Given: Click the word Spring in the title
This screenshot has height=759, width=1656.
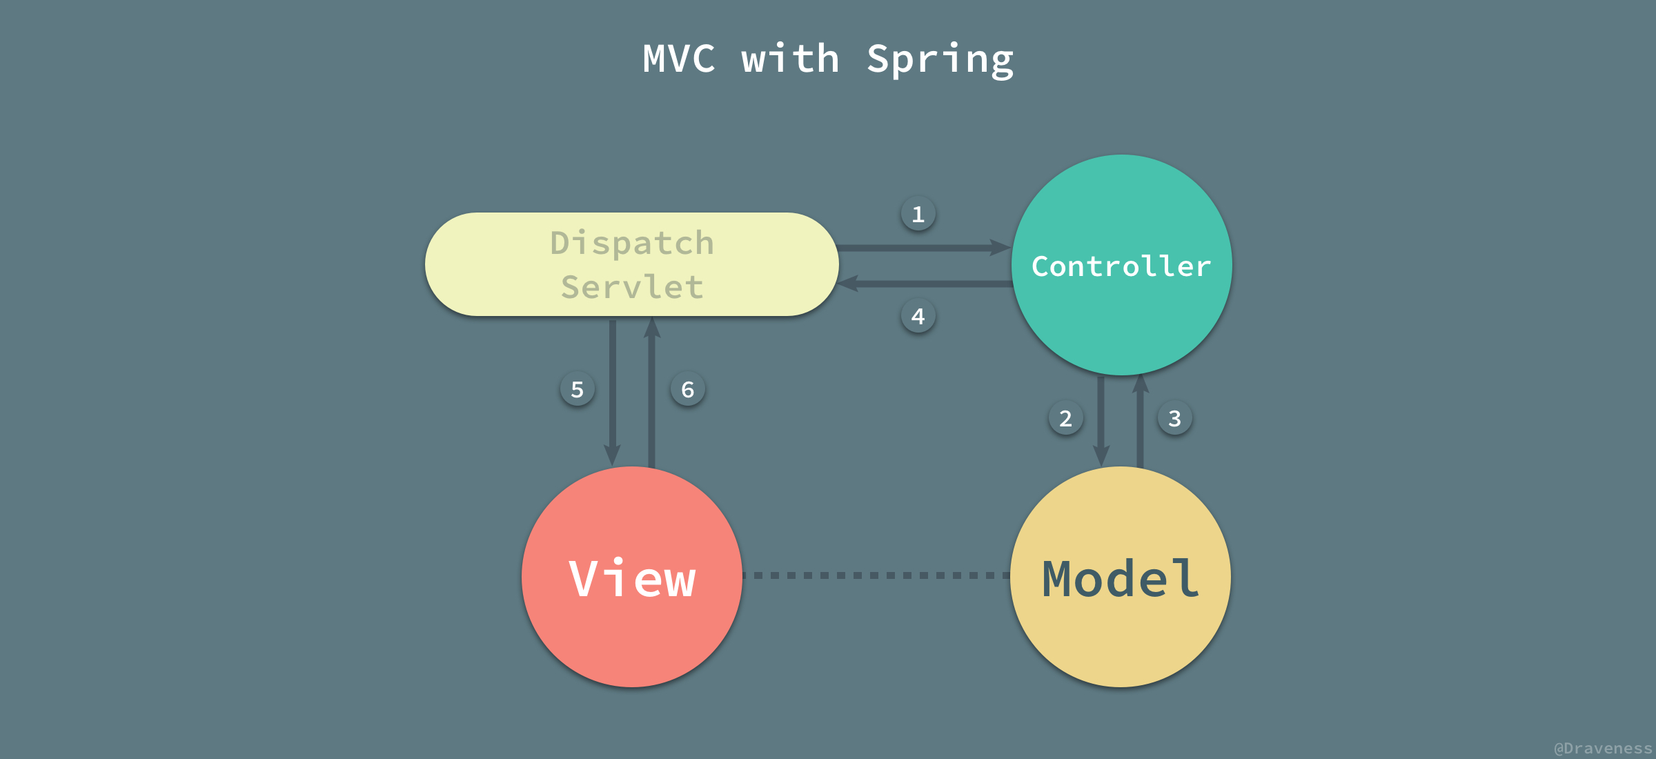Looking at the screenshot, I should pos(940,59).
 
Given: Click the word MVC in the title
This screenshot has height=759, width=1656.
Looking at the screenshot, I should pos(679,59).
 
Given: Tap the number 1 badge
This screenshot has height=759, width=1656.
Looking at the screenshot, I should pos(918,214).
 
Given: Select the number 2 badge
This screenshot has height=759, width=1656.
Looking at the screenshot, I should pos(1065,418).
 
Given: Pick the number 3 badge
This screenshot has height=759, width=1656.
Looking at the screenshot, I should pos(1174,418).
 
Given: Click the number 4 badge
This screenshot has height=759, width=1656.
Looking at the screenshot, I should pos(918,316).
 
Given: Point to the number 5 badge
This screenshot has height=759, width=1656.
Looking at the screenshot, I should pos(577,389).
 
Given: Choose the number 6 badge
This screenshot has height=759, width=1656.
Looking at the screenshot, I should pos(687,389).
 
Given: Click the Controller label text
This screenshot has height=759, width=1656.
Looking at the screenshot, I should pos(1121,266).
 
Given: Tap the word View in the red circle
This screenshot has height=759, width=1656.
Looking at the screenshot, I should pos(632,578).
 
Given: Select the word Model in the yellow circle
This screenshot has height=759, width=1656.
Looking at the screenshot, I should pos(1121,578).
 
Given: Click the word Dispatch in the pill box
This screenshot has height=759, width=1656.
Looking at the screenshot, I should pos(632,243).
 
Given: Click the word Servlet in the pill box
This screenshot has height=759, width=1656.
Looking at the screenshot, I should pos(632,287).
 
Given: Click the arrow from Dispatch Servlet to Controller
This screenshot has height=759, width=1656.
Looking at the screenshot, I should pos(925,248).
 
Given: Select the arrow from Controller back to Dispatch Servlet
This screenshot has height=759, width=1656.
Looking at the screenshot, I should pos(925,284).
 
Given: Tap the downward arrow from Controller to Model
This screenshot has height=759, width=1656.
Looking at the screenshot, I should pos(1101,421).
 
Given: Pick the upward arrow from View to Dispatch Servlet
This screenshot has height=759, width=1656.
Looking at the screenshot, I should pos(651,393).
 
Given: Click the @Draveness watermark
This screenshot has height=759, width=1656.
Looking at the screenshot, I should pos(1602,748).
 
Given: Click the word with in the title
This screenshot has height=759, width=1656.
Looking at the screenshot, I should pos(791,59).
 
